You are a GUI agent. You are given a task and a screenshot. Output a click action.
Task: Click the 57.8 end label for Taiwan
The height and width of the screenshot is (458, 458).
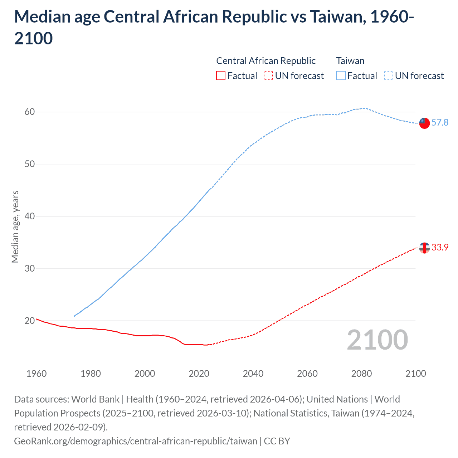(440, 123)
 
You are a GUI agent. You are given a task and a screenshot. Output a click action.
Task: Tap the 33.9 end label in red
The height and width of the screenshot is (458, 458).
(440, 248)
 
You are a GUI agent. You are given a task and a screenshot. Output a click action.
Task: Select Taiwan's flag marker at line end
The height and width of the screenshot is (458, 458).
(424, 123)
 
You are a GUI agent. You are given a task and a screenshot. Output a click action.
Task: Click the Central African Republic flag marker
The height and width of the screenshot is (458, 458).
(424, 248)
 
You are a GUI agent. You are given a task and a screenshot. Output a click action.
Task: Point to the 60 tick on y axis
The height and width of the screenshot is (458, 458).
(30, 112)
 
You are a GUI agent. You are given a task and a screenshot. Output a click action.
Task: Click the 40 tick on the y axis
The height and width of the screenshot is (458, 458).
(30, 216)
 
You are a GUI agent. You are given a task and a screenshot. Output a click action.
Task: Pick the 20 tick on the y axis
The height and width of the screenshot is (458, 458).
(30, 321)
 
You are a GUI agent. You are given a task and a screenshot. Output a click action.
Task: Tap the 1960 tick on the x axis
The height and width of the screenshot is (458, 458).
(36, 374)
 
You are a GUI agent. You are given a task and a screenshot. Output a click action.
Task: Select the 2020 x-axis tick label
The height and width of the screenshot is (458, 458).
(199, 374)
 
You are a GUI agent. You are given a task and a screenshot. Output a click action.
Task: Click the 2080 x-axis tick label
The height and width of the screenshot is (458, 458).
(361, 374)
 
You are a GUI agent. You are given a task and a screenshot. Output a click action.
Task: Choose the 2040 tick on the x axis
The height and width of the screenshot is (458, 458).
(253, 374)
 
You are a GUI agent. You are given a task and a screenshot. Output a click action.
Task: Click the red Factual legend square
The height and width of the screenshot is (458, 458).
(221, 76)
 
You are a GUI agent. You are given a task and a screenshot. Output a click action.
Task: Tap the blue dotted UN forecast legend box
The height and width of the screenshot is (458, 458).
(389, 76)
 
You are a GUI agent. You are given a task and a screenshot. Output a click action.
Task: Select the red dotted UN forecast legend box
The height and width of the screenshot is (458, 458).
(268, 76)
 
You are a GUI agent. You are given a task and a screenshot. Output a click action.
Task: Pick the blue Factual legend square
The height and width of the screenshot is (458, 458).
(341, 76)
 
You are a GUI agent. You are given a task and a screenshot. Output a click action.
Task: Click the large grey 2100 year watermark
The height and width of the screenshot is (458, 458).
(377, 340)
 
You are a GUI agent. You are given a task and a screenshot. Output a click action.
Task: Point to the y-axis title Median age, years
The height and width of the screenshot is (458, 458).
(15, 227)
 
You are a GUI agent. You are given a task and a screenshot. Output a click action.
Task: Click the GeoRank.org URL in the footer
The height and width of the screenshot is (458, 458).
(136, 441)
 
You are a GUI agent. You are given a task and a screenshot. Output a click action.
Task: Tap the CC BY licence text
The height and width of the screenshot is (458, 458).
(277, 441)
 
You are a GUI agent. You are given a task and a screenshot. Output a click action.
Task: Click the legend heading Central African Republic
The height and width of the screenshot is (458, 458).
(266, 61)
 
